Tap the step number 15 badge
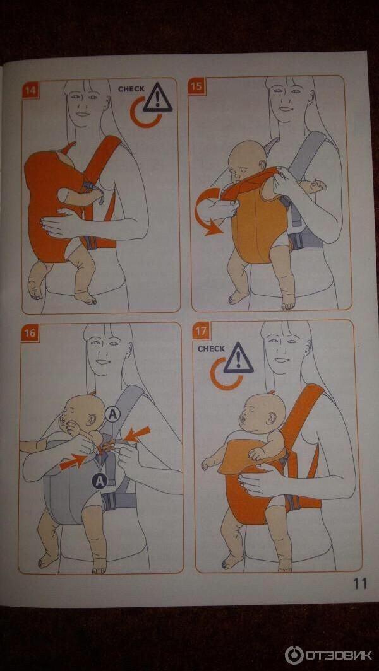196,86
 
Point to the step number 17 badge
201,332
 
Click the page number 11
360,584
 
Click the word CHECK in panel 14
131,90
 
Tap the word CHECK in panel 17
211,349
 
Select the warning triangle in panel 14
157,98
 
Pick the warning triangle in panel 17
238,358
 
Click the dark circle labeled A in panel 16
99,481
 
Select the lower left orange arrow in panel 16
73,462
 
